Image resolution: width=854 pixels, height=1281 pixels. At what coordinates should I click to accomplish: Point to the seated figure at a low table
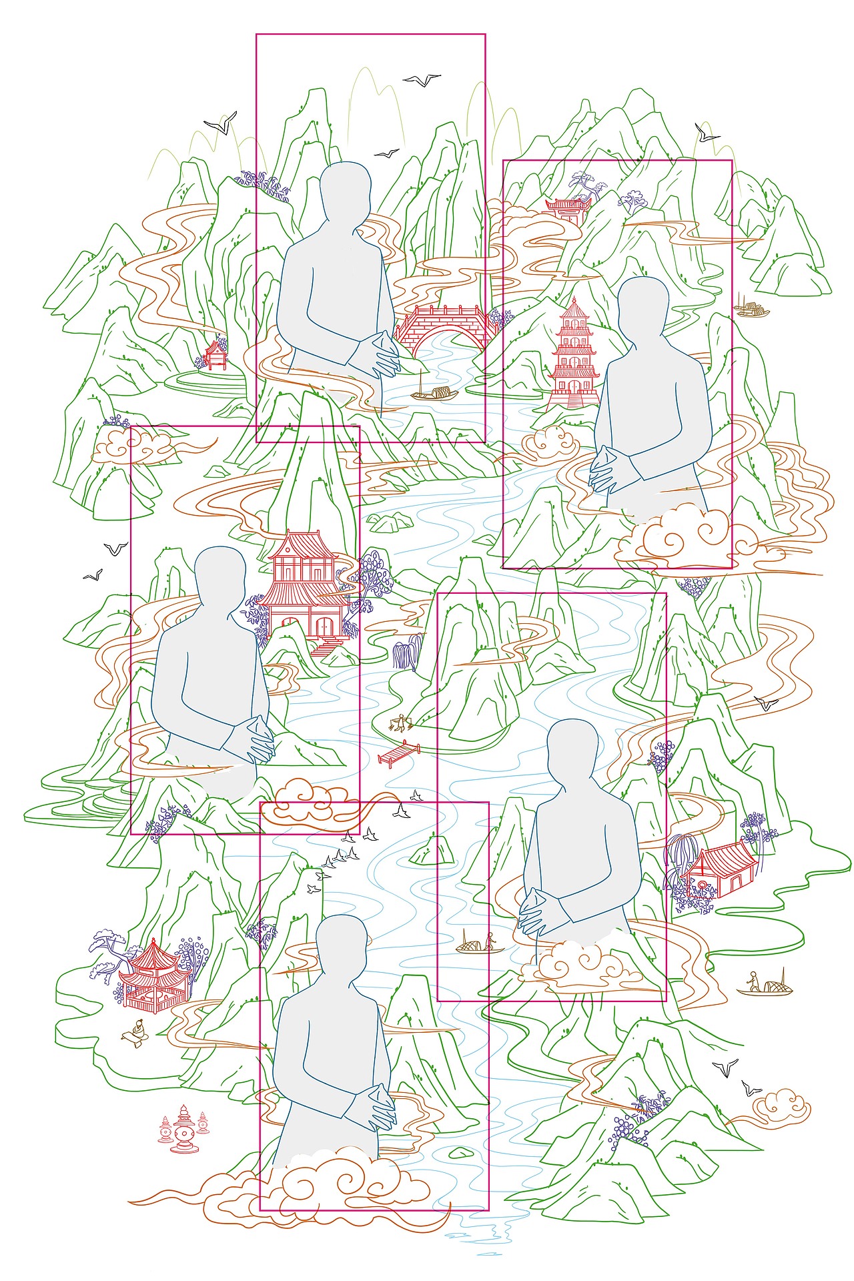138,1031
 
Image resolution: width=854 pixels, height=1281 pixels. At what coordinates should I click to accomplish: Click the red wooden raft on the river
399,753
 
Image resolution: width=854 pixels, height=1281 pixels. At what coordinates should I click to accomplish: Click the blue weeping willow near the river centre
408,651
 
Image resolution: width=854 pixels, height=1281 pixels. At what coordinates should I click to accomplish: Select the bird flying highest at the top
422,80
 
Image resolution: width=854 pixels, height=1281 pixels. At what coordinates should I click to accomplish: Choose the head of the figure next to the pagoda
643,304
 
